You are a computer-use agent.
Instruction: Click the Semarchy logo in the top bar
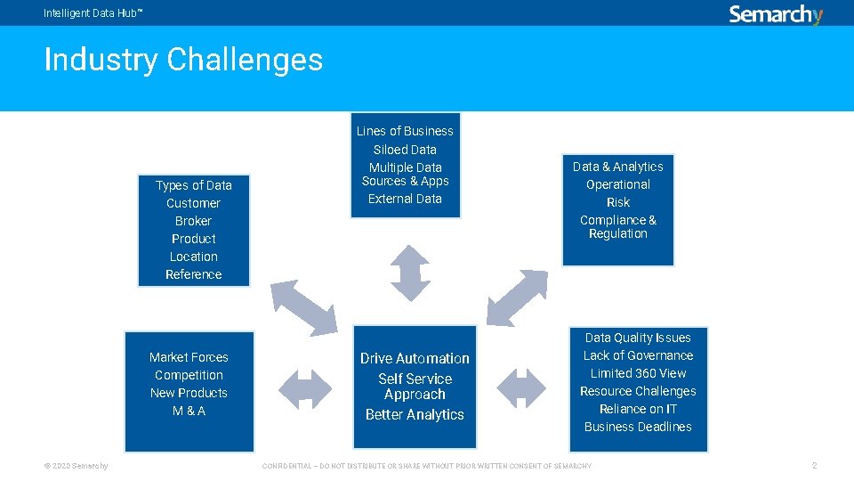coord(776,14)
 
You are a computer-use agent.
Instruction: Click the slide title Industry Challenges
coord(183,60)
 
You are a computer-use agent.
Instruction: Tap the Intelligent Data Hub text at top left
coord(93,13)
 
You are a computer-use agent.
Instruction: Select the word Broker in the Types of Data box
coord(193,221)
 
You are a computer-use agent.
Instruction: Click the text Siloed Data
coord(405,150)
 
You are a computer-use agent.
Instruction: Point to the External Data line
coord(405,199)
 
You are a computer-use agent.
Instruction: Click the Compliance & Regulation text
coord(618,227)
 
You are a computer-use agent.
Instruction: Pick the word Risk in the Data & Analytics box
coord(618,202)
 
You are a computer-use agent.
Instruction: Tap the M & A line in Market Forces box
coord(189,411)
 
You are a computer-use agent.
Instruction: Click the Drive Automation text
coord(415,358)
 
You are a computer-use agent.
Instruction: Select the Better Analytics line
coord(415,414)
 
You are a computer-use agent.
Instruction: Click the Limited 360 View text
coord(638,373)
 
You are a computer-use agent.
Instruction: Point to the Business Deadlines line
coord(638,427)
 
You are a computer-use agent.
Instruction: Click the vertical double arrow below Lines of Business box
coord(410,272)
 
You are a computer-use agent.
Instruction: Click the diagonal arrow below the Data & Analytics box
coord(518,297)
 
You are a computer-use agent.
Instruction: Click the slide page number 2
coord(813,466)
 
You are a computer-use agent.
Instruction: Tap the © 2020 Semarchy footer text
coord(76,466)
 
